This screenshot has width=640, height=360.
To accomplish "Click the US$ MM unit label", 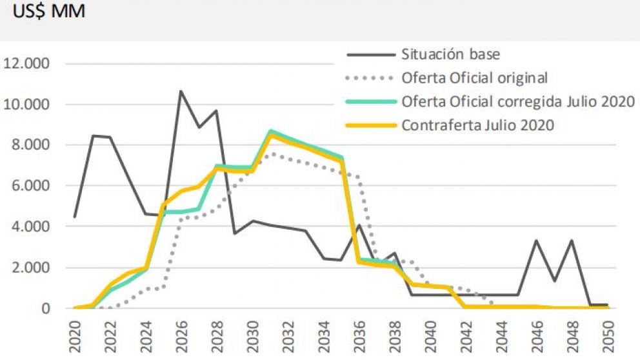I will (45, 12).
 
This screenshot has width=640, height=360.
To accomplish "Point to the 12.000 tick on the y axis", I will (28, 63).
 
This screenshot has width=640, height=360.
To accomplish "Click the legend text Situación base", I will (450, 54).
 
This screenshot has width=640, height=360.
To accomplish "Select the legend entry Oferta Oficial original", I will (474, 78).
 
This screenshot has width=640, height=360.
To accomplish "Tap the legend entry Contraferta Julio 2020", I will (478, 125).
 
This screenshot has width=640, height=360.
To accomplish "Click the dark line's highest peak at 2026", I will (181, 91).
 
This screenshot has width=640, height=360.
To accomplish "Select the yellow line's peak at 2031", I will (270, 134).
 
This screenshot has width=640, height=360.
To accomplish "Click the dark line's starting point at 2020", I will (75, 217).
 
